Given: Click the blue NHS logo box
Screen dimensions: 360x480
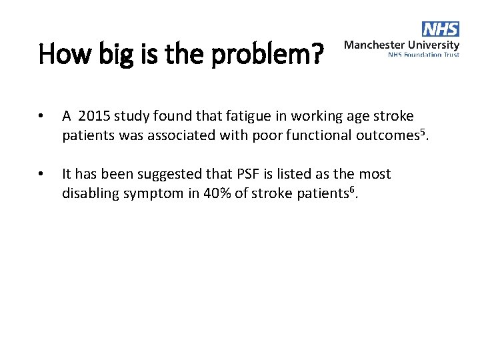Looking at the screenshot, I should click(441, 29).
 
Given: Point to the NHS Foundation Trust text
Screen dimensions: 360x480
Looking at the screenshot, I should click(424, 55).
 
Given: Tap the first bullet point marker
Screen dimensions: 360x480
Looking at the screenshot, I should click(41, 117).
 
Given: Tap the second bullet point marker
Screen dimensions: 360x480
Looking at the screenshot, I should click(41, 175).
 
